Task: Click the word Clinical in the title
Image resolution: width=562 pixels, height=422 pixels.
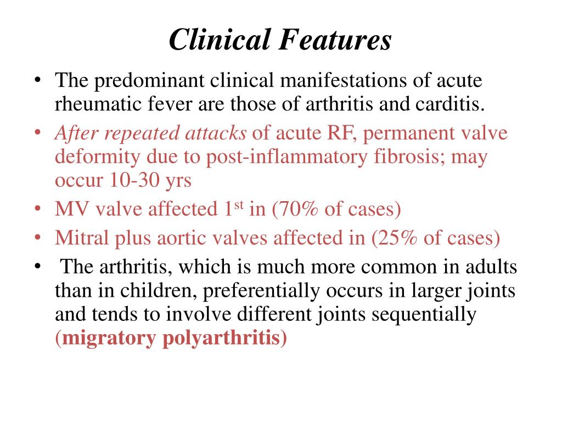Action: pos(220,40)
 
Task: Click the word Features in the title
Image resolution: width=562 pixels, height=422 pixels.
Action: pos(335,40)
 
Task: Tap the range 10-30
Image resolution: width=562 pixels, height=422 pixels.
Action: pos(134,180)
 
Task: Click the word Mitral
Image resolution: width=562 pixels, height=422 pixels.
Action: pos(82,237)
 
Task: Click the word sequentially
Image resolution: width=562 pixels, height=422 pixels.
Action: pos(424,315)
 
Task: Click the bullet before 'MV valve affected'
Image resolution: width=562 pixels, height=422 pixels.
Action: pos(37,209)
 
